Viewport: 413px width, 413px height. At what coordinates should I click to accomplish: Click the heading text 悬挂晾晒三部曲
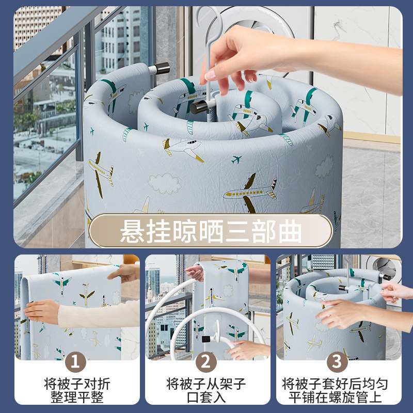pyautogui.click(x=210, y=231)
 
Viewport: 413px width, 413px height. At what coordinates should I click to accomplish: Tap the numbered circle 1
pyautogui.click(x=76, y=361)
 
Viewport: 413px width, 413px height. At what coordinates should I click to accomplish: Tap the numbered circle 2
pyautogui.click(x=206, y=361)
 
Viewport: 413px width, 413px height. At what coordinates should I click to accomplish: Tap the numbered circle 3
pyautogui.click(x=337, y=361)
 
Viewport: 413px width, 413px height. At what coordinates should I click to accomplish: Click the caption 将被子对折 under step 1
pyautogui.click(x=76, y=384)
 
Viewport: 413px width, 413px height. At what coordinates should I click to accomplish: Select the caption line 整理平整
pyautogui.click(x=76, y=397)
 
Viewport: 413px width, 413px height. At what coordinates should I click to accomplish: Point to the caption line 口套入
pyautogui.click(x=206, y=397)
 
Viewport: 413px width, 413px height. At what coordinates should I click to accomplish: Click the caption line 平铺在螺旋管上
pyautogui.click(x=337, y=397)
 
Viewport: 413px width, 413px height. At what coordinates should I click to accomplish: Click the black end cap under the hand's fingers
pyautogui.click(x=199, y=107)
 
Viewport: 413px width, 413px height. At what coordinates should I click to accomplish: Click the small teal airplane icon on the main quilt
pyautogui.click(x=236, y=160)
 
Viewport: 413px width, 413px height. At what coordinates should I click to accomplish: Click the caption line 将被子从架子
pyautogui.click(x=206, y=384)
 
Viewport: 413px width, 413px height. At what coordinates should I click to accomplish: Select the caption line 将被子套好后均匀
pyautogui.click(x=337, y=384)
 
